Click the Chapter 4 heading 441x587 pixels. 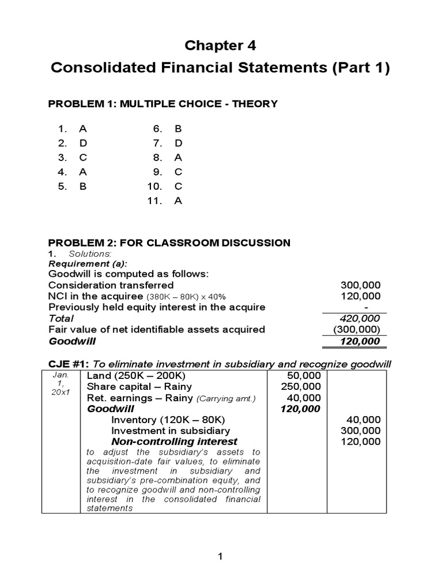click(x=220, y=45)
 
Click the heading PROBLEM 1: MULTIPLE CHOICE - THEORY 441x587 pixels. click(x=163, y=104)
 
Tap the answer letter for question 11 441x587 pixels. click(x=178, y=201)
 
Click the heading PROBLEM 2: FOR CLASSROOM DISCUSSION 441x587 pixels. click(x=169, y=242)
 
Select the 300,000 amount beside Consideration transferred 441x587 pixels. click(x=360, y=285)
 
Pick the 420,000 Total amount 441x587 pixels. click(x=360, y=318)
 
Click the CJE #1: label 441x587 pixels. click(x=69, y=363)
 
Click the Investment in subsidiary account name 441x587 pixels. click(x=171, y=431)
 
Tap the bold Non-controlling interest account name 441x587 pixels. click(x=174, y=441)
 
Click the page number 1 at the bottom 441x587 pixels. click(x=220, y=557)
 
